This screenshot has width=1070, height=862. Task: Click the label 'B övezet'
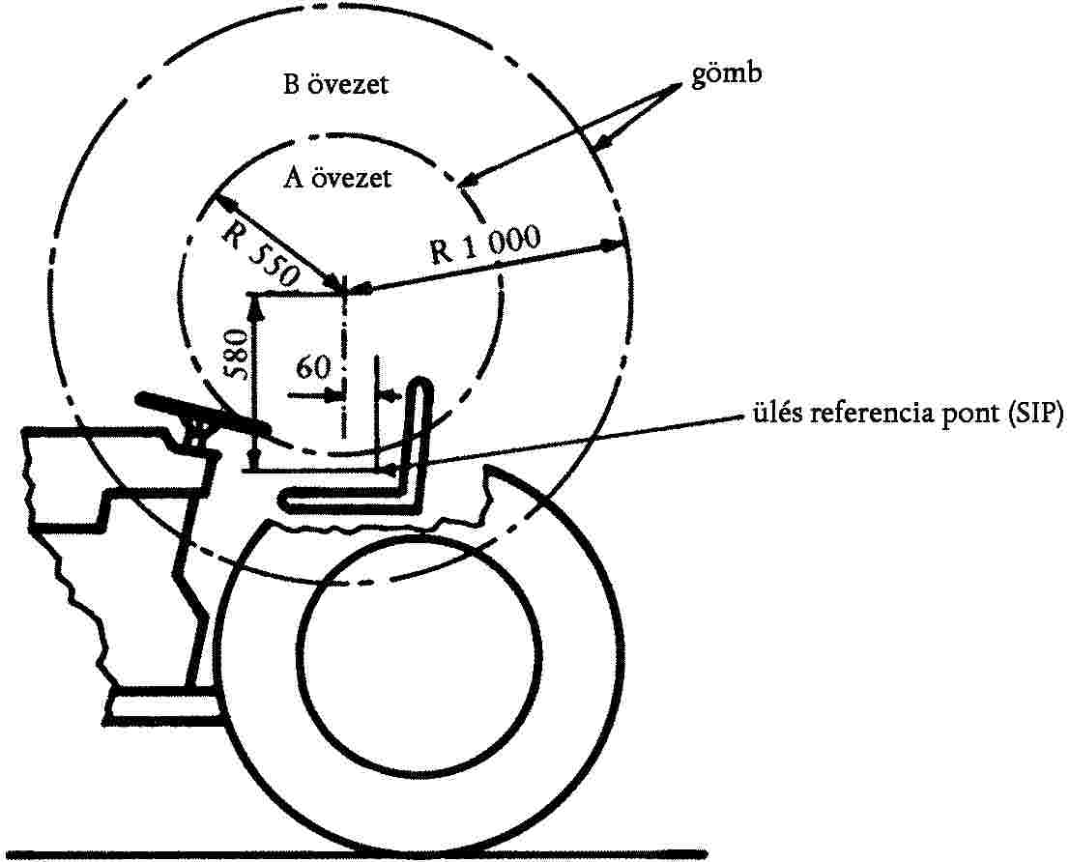point(335,85)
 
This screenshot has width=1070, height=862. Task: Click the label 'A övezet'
point(337,179)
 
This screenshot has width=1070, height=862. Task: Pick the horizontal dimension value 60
point(314,367)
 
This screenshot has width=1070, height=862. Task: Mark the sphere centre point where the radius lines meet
point(345,289)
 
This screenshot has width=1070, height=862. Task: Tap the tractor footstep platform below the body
point(164,705)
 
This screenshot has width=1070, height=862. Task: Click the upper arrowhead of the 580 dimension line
point(256,302)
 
